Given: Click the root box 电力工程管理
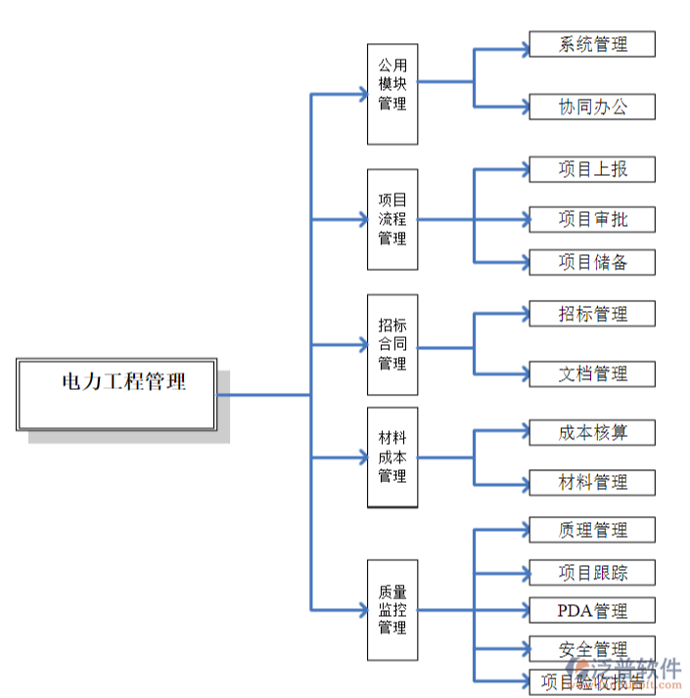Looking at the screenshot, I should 116,394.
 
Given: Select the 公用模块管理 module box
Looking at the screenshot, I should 392,94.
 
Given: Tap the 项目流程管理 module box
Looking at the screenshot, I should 392,219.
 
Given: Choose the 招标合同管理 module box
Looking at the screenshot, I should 392,344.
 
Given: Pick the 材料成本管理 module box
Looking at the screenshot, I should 392,457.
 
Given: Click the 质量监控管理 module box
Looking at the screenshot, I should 392,610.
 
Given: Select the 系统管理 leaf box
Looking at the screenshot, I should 592,44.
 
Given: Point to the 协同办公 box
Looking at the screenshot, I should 592,107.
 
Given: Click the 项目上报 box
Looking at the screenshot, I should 592,169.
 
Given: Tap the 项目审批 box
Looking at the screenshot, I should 592,219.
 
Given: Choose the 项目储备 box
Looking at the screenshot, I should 592,262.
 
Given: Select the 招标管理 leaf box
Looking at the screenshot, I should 592,314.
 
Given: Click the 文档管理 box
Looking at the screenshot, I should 592,373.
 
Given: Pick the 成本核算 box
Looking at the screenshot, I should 592,432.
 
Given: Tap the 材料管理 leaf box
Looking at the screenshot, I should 592,482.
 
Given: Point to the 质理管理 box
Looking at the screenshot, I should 592,530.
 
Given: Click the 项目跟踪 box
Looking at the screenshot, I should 592,573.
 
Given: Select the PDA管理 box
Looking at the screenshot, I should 592,611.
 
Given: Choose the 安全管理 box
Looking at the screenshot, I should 592,649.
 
